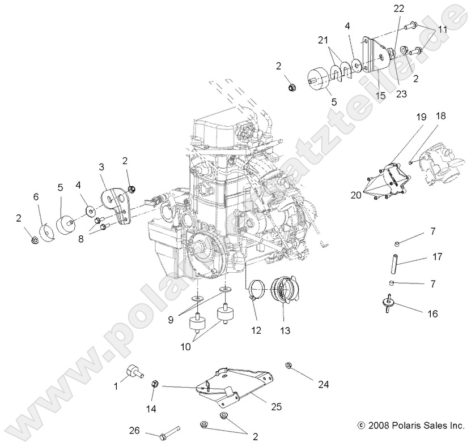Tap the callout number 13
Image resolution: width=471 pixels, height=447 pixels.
pos(283,330)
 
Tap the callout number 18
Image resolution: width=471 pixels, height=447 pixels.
pos(440,116)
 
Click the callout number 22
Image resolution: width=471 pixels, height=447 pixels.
pos(399,8)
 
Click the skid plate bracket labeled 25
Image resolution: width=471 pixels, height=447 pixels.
pos(238,386)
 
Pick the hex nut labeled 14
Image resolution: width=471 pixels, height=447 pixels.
pos(154,385)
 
